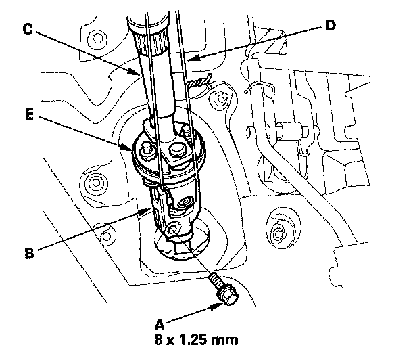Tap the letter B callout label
(x=28, y=254)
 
